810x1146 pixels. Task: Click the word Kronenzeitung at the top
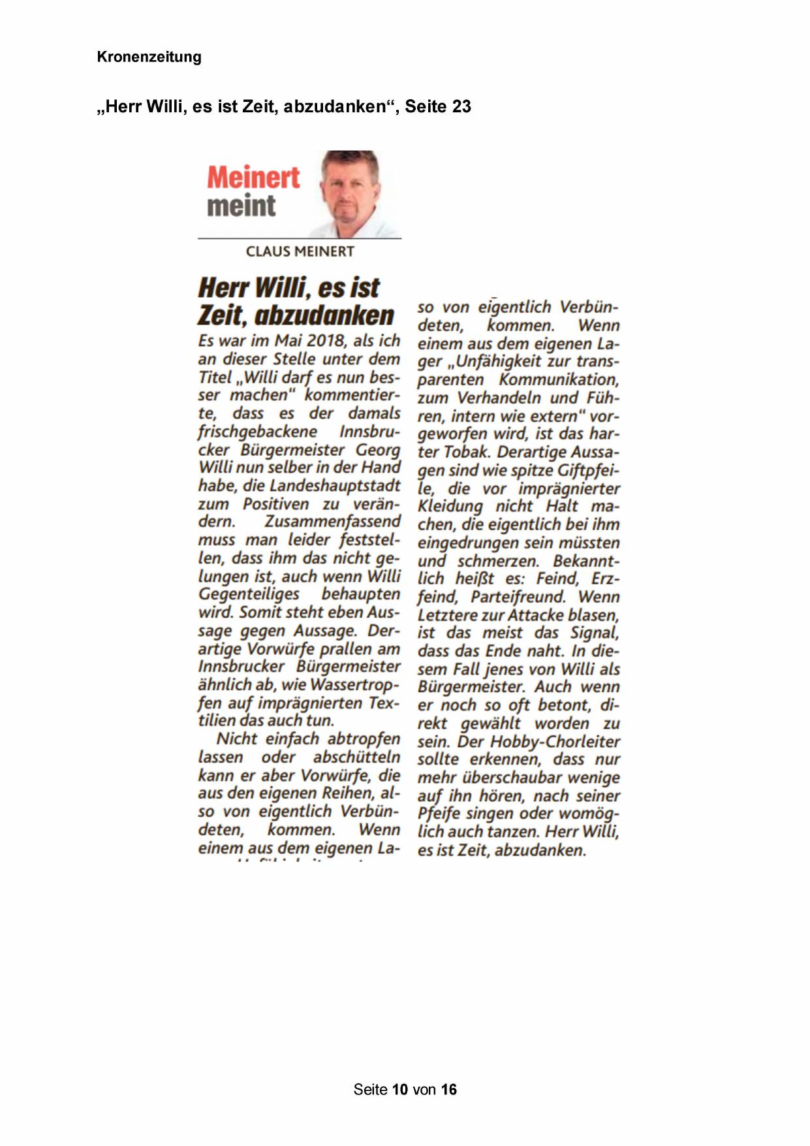coord(149,57)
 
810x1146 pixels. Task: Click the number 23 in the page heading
coord(461,106)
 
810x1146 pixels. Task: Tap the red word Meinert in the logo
coord(253,177)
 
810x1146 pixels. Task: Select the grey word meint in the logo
coord(241,206)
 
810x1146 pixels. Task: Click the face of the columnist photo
coord(351,193)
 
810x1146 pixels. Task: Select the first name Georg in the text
coord(377,450)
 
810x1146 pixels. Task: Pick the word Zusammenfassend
coord(332,522)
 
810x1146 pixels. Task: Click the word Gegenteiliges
coord(249,594)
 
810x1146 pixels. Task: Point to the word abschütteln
coord(356,757)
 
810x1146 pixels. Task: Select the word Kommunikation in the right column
coord(559,380)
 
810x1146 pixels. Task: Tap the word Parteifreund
coord(518,597)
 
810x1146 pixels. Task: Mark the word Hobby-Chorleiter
coord(555,742)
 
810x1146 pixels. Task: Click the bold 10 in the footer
coord(400,1089)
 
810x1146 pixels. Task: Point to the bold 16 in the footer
coord(448,1089)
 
